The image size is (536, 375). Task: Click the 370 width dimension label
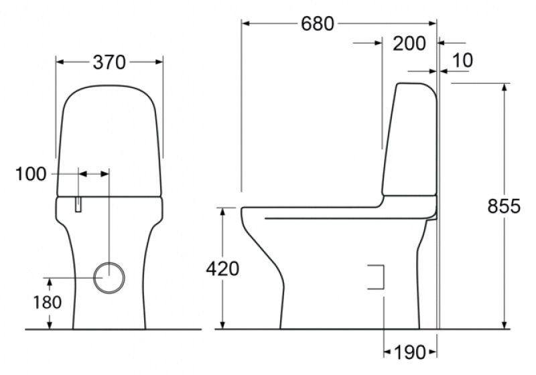click(x=109, y=62)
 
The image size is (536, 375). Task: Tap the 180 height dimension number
click(x=47, y=302)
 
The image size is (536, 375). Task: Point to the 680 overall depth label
click(x=317, y=23)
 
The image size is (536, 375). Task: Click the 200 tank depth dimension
click(x=409, y=44)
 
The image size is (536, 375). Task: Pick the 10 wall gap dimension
click(x=462, y=60)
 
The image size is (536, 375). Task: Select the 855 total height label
click(x=503, y=206)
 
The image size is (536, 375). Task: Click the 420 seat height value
click(x=222, y=269)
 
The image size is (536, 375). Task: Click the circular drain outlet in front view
click(x=109, y=277)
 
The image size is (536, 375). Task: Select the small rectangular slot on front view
click(x=79, y=204)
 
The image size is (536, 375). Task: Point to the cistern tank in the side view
click(x=410, y=141)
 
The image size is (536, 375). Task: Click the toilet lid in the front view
click(x=109, y=141)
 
